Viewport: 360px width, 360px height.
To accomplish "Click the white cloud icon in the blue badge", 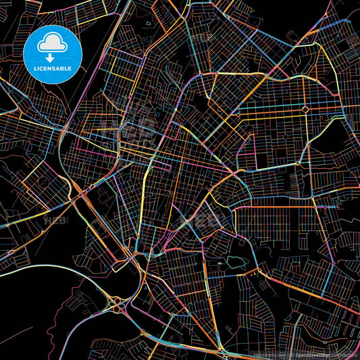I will point(51,42).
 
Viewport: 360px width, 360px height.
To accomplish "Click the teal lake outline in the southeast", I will point(236,261).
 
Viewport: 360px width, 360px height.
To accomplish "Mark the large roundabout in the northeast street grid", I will point(305,109).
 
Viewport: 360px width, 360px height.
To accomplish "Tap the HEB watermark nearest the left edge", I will point(54,220).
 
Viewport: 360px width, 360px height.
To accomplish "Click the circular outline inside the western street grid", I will point(42,182).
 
